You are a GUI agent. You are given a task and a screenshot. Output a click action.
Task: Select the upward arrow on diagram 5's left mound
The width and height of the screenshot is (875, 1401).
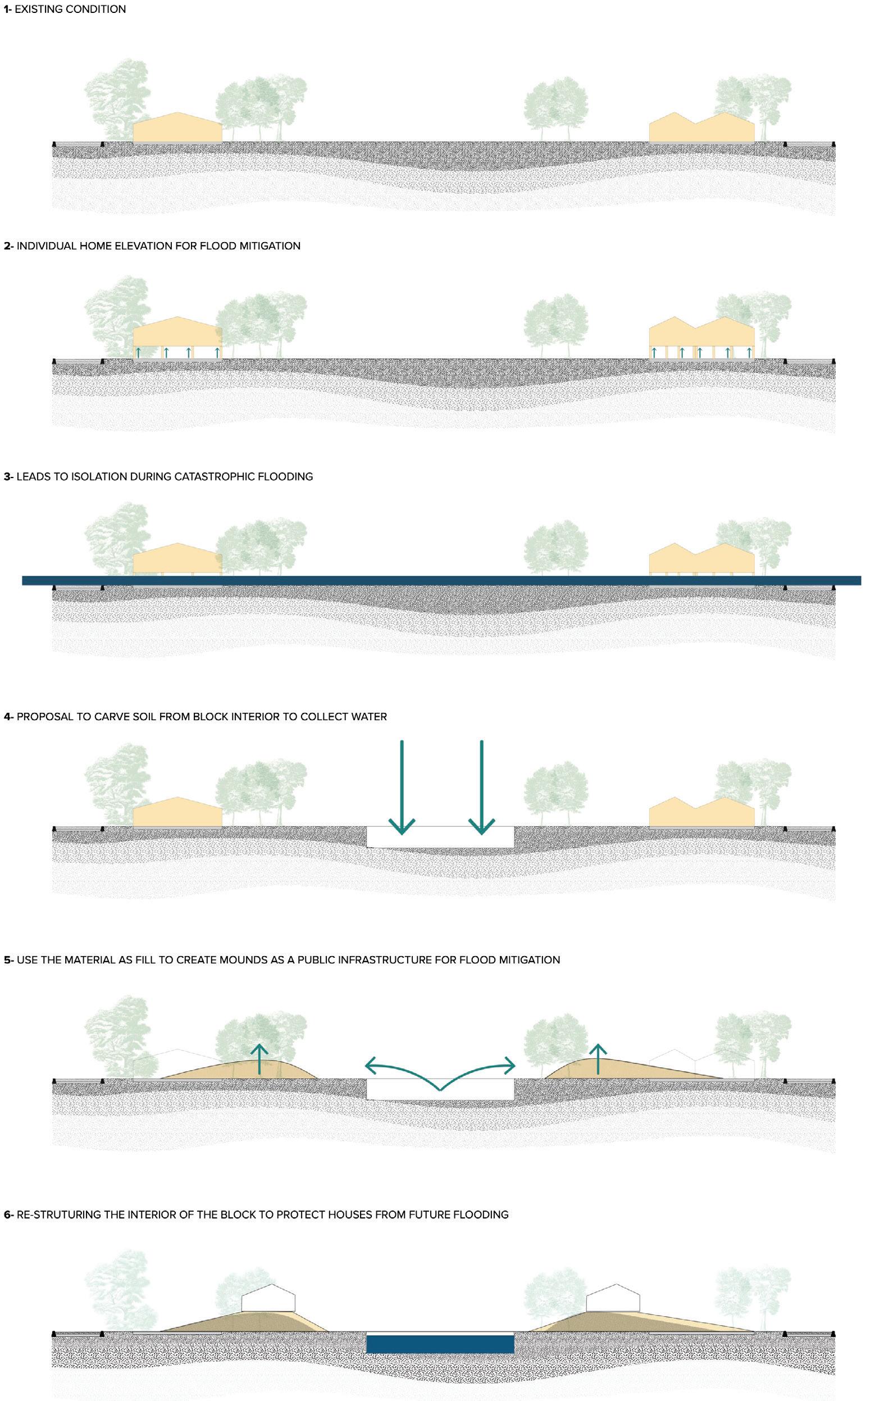pos(260,1059)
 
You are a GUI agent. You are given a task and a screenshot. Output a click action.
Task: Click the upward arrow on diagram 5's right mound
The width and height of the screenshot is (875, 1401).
pos(598,1059)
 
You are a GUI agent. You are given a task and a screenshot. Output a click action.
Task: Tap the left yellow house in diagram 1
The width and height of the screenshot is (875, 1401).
pos(177,129)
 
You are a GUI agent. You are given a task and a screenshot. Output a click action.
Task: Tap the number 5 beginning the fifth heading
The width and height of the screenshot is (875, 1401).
pos(7,960)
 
